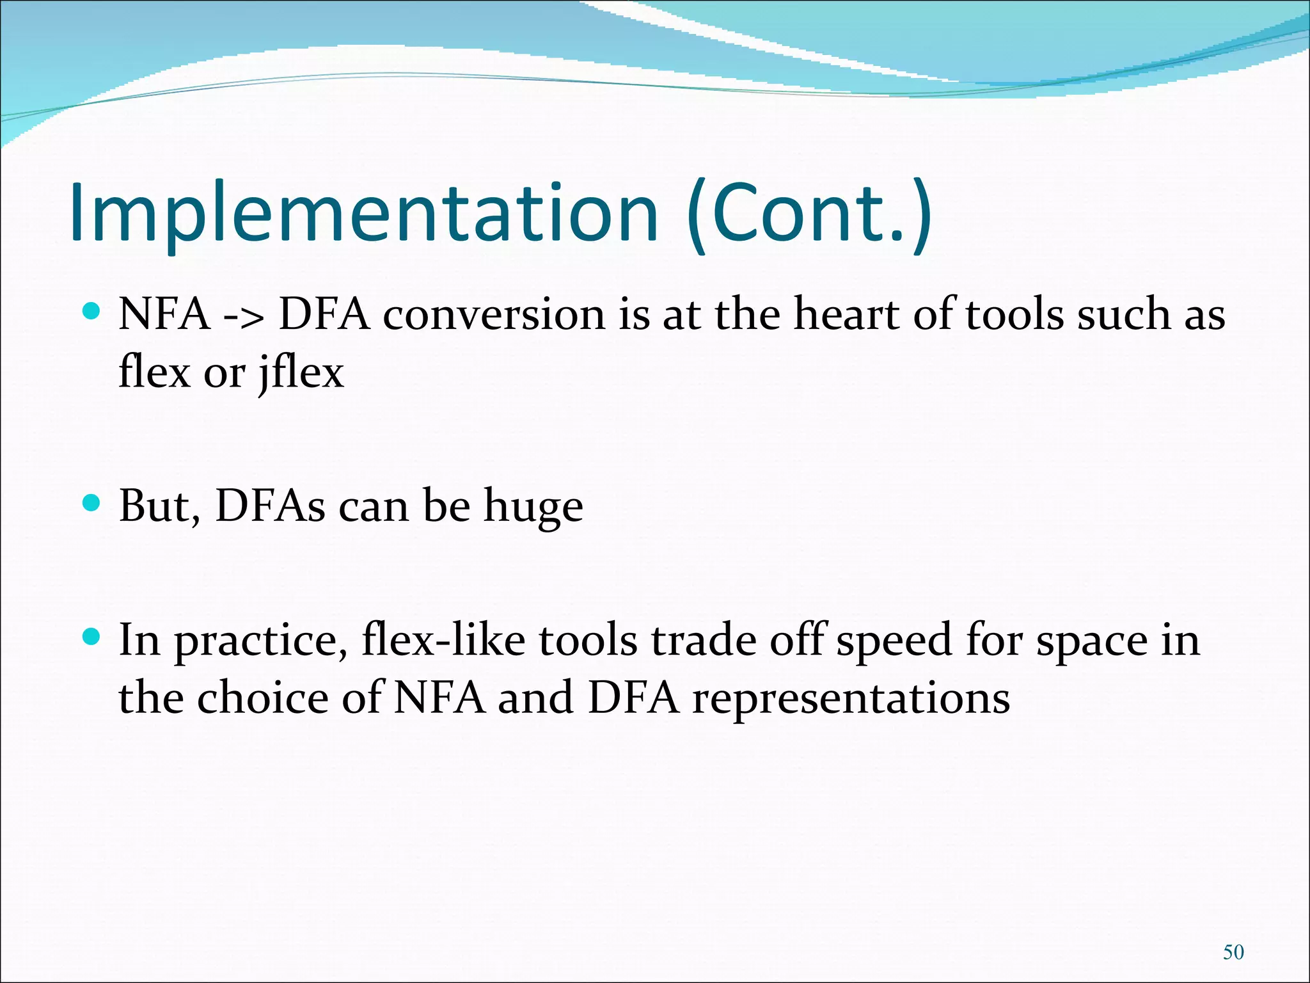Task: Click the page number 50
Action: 1233,952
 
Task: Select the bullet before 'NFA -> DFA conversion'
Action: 92,312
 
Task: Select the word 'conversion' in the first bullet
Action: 494,316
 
